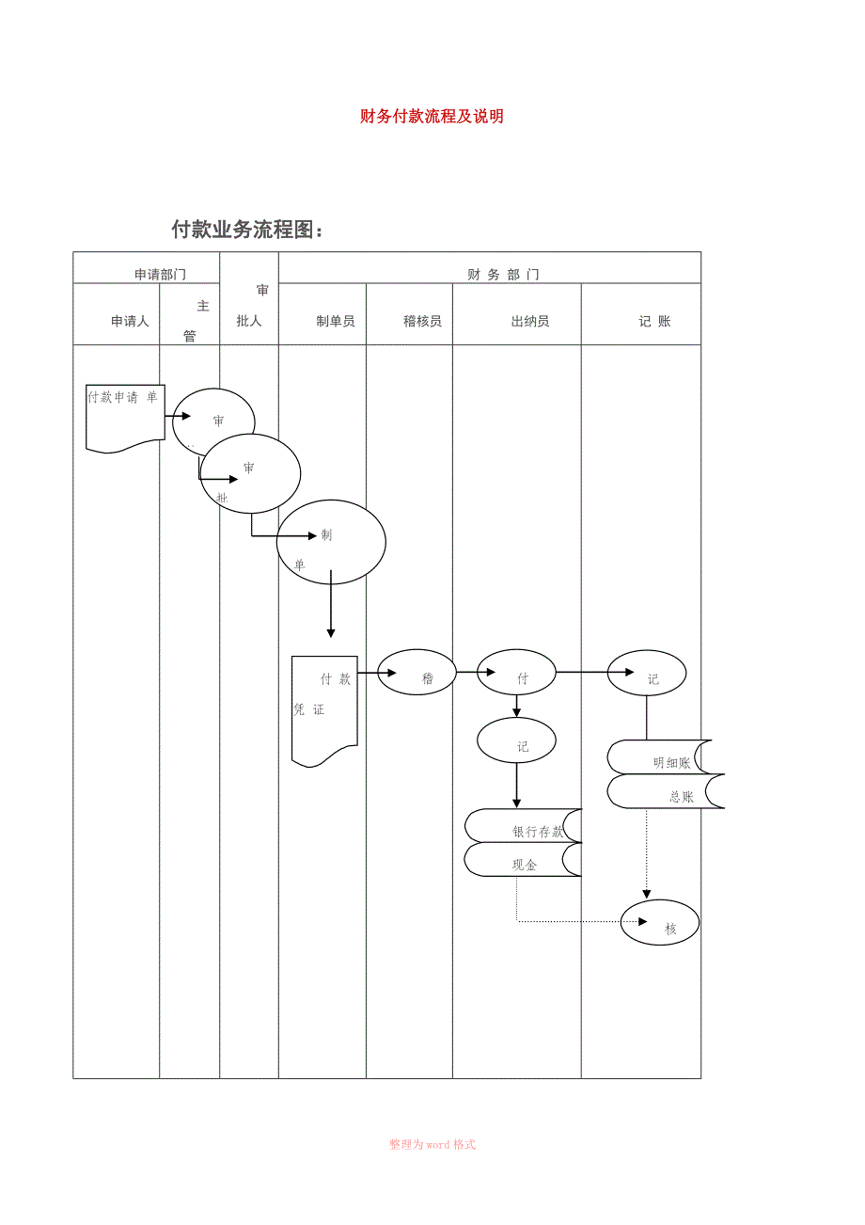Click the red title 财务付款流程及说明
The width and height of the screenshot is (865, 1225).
pyautogui.click(x=432, y=117)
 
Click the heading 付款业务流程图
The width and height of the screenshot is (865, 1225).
pyautogui.click(x=247, y=229)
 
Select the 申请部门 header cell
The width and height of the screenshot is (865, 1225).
pyautogui.click(x=160, y=274)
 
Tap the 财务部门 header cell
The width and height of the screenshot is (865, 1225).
pyautogui.click(x=503, y=274)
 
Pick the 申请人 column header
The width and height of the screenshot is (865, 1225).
pyautogui.click(x=130, y=321)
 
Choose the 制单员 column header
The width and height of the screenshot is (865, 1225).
pyautogui.click(x=336, y=321)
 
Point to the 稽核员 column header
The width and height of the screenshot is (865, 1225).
pyautogui.click(x=422, y=321)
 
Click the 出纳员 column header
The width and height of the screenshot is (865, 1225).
pyautogui.click(x=530, y=321)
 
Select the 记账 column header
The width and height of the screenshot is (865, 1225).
pyautogui.click(x=654, y=321)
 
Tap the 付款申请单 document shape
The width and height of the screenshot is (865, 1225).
pyautogui.click(x=125, y=416)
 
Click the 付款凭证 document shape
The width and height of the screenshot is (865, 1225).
pyautogui.click(x=324, y=708)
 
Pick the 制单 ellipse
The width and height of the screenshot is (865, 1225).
pyautogui.click(x=331, y=541)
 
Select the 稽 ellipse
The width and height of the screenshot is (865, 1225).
pyautogui.click(x=417, y=674)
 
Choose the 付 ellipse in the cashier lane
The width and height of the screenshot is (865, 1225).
pyautogui.click(x=516, y=674)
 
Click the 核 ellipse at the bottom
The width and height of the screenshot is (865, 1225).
pyautogui.click(x=660, y=923)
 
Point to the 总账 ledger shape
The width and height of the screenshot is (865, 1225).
pyautogui.click(x=666, y=792)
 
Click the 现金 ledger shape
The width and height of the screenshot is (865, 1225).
pyautogui.click(x=523, y=860)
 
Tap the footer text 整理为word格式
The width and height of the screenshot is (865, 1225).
pyautogui.click(x=432, y=1144)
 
